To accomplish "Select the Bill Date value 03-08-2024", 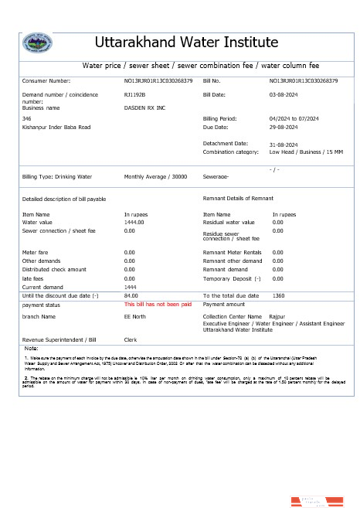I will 284,94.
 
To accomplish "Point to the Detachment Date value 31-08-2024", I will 284,145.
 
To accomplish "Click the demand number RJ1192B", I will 135,94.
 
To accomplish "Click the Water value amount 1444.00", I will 134,222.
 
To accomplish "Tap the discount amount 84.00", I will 131,295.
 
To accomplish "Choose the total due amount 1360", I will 279,295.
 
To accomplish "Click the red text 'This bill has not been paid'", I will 158,305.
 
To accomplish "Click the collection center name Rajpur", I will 277,316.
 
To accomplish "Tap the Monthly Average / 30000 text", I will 155,177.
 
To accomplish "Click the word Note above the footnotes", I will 32,349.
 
